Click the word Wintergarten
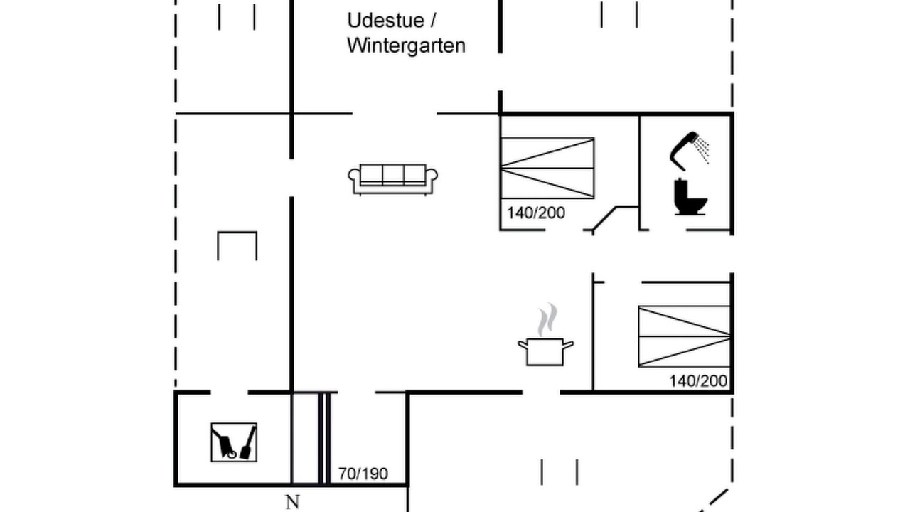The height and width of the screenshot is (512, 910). click(x=406, y=46)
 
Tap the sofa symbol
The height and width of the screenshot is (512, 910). click(x=393, y=179)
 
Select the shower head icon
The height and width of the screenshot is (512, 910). click(x=684, y=150)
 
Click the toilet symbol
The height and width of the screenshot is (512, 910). click(x=690, y=197)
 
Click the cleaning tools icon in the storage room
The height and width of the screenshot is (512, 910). click(x=234, y=442)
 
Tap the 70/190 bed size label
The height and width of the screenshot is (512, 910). click(x=363, y=474)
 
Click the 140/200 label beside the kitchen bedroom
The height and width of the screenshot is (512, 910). click(x=698, y=381)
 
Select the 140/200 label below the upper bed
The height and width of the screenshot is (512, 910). click(x=536, y=213)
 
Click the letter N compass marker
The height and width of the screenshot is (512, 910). click(x=292, y=502)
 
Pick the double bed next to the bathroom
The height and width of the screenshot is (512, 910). click(x=547, y=169)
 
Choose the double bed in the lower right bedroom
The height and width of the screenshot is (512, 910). click(x=685, y=336)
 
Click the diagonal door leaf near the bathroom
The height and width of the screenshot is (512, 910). click(x=604, y=218)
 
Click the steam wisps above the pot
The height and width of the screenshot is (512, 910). click(x=547, y=319)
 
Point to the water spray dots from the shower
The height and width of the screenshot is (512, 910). click(x=702, y=149)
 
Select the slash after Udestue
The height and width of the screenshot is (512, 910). click(x=433, y=21)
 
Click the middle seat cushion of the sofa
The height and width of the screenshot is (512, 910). click(x=393, y=175)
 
